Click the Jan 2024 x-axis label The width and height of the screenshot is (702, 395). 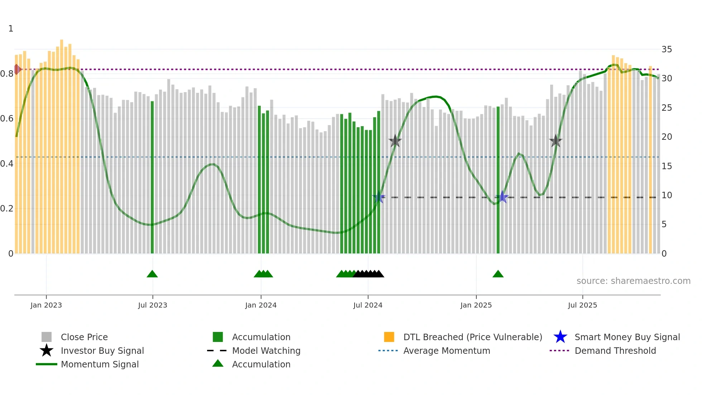tap(261, 305)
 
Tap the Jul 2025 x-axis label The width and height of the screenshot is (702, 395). tap(582, 305)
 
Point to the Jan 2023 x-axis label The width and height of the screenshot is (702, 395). tap(46, 305)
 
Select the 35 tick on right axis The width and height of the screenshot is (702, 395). tap(667, 49)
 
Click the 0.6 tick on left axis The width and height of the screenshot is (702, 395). tap(6, 119)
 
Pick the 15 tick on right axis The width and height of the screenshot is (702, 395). tap(667, 166)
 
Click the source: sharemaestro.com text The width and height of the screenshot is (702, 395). tap(633, 281)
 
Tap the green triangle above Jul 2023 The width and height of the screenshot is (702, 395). tap(152, 274)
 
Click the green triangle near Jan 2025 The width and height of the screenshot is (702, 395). tap(498, 274)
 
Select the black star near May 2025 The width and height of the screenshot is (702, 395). tap(556, 141)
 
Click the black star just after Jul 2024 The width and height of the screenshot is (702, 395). tap(395, 141)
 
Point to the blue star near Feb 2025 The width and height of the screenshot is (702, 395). tap(502, 197)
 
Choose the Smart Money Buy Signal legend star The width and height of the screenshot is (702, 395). tap(560, 337)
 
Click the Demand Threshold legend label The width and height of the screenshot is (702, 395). tap(615, 351)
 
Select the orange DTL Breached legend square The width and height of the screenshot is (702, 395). tap(389, 337)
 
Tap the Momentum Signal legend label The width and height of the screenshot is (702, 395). tap(100, 364)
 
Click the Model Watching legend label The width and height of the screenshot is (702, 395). tap(266, 351)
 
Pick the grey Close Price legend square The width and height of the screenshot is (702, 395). tap(47, 337)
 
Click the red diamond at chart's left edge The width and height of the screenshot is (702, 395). tap(17, 69)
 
